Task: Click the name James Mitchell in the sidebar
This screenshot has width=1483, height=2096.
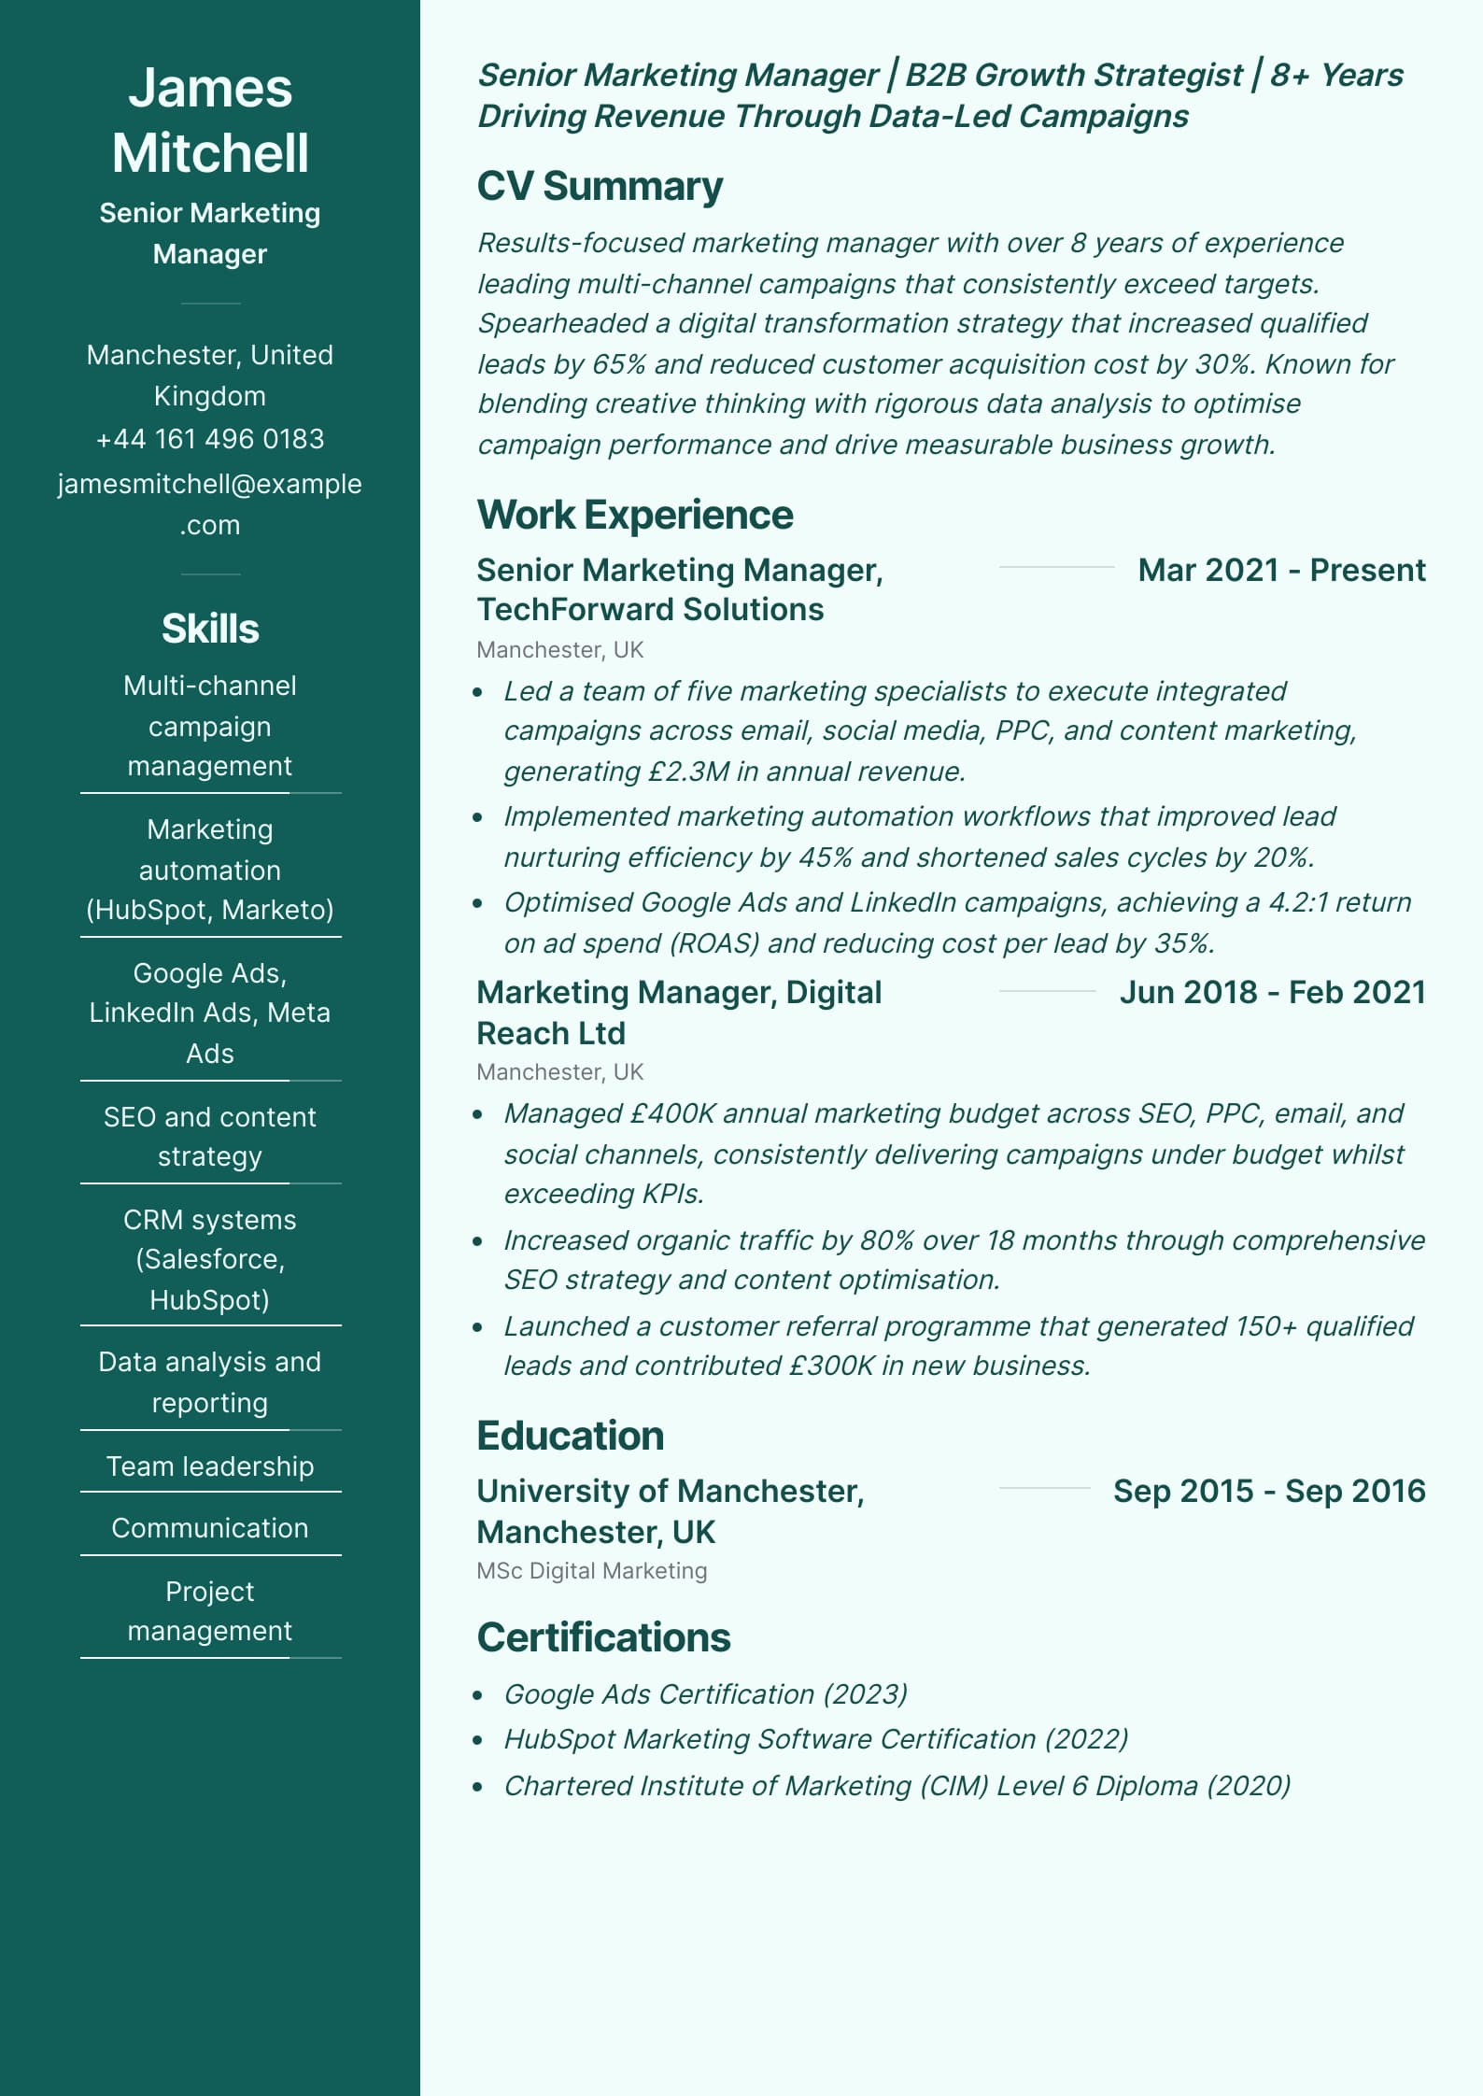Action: [210, 120]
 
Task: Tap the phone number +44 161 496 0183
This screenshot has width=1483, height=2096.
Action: [210, 439]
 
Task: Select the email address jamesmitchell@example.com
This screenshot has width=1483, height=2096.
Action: [210, 503]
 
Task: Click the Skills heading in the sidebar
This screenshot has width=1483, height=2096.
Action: [210, 629]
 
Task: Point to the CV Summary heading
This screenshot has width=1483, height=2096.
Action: [600, 186]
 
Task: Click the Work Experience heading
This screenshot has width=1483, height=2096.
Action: [635, 515]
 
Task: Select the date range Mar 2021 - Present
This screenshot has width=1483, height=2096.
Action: [1281, 570]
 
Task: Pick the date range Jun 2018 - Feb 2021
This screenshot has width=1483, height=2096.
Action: [1272, 992]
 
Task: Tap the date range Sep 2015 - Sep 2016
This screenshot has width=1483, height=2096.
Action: [1269, 1491]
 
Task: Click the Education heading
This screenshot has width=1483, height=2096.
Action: [570, 1436]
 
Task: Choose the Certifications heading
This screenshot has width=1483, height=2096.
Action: [603, 1637]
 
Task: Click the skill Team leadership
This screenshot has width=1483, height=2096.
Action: [210, 1466]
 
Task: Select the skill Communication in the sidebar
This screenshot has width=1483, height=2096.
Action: [210, 1528]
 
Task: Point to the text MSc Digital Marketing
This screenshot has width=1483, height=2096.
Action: [592, 1571]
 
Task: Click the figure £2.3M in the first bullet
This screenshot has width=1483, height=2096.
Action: [687, 772]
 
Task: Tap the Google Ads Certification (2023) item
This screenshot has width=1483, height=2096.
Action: [706, 1694]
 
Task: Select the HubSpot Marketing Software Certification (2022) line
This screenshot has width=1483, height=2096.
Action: [816, 1739]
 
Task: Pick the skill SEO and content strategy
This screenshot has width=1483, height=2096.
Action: [210, 1137]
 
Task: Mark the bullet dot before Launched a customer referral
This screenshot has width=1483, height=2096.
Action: [478, 1327]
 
